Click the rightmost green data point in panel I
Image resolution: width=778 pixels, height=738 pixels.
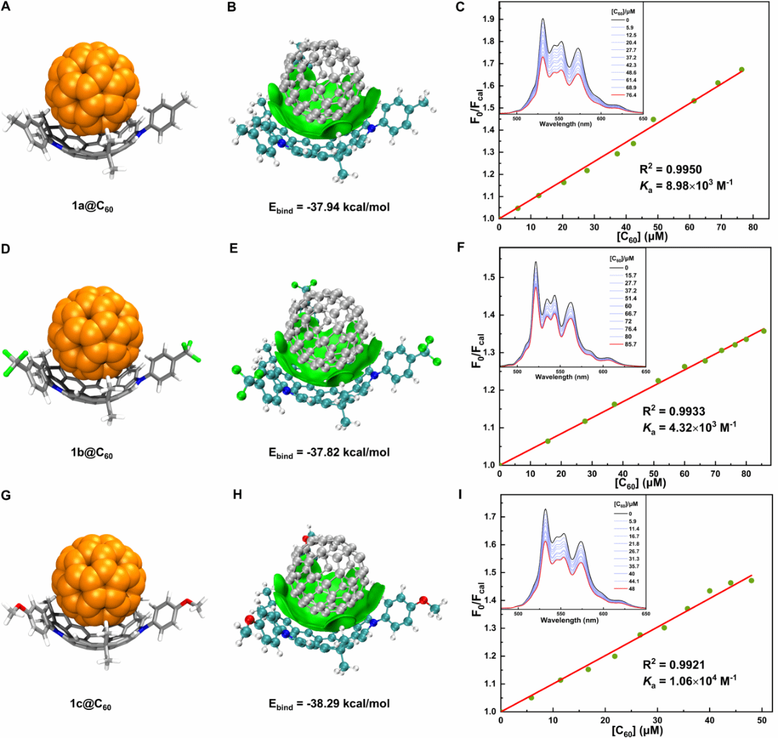pyautogui.click(x=751, y=581)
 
